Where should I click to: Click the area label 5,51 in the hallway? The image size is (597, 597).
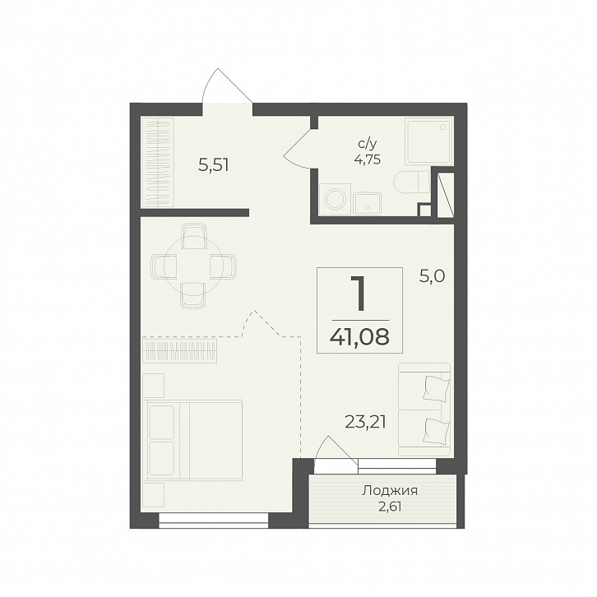pos(214,165)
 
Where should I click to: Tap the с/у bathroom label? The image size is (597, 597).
pos(368,144)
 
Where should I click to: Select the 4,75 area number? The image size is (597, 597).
pos(367,160)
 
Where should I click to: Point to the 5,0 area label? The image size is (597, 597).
pos(433,276)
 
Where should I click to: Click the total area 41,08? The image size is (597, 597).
pos(360,336)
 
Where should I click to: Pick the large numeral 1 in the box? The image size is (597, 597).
pos(359,293)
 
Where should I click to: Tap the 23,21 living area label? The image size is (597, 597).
pos(365,422)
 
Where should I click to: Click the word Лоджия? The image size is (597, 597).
pos(390,491)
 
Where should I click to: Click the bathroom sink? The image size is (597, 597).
pos(367,204)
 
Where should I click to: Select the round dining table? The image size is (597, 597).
pos(194,266)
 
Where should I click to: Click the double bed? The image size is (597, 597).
pos(192,440)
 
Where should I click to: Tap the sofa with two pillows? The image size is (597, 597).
pos(424,410)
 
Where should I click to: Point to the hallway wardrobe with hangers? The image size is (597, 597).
pos(157,163)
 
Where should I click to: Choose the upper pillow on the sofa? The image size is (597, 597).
pos(437,388)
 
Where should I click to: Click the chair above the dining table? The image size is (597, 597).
pos(194,236)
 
